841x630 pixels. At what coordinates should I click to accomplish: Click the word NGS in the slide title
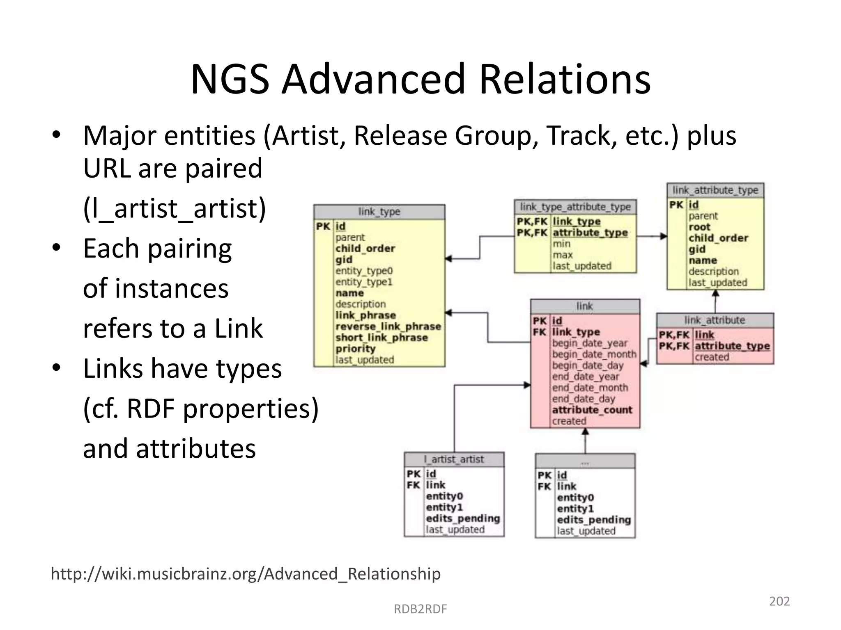[230, 79]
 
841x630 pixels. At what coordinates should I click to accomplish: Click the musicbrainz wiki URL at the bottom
[246, 573]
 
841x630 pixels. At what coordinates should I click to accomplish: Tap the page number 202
[779, 601]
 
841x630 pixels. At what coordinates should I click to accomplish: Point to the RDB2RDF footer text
[420, 609]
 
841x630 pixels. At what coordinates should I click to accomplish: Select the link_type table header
[379, 212]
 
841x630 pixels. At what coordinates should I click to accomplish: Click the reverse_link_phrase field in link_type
[388, 326]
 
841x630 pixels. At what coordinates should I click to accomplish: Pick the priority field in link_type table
[355, 349]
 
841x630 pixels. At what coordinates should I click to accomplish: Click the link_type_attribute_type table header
[575, 207]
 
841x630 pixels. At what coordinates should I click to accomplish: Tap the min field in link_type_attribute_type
[561, 244]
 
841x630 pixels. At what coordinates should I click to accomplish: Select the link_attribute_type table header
[715, 190]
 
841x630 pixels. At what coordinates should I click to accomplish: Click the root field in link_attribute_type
[699, 227]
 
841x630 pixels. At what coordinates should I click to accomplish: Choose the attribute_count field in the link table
[592, 410]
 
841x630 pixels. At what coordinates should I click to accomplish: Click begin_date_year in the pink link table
[590, 343]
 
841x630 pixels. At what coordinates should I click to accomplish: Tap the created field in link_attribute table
[712, 357]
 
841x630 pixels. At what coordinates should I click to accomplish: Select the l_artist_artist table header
[454, 459]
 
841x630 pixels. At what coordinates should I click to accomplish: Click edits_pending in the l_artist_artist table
[463, 518]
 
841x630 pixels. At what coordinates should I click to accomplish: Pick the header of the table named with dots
[585, 461]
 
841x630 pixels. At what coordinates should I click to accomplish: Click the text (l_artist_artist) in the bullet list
[175, 208]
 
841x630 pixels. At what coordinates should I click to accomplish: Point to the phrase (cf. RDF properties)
[201, 409]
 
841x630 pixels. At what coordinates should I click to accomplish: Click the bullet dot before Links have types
[56, 367]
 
